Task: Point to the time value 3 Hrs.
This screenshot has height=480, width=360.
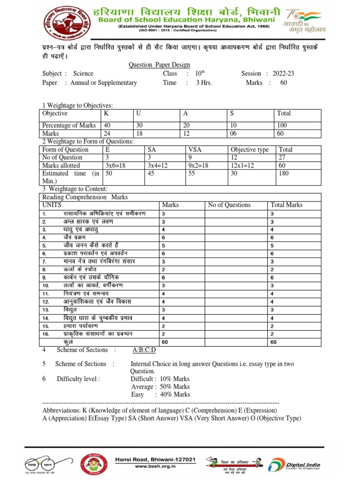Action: tap(204, 83)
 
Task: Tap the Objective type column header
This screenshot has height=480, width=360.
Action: tap(249, 150)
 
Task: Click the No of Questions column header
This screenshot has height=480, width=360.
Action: tap(229, 205)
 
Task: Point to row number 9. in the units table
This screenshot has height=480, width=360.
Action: tap(45, 277)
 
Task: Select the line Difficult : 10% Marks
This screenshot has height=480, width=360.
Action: tap(160, 379)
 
